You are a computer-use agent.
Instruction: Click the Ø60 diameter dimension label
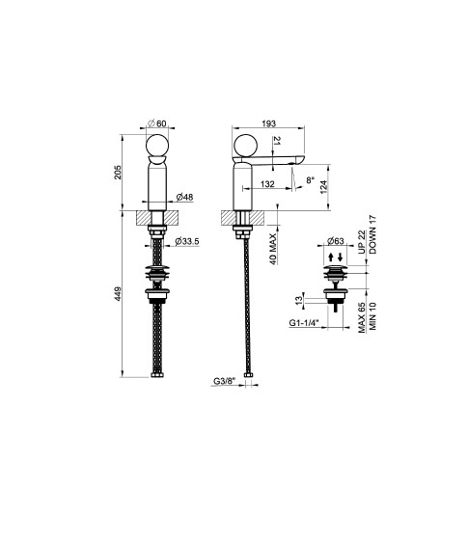click(157, 123)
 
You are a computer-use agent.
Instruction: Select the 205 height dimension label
click(119, 172)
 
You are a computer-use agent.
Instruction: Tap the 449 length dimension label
click(119, 294)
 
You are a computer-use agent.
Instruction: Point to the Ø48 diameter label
click(184, 197)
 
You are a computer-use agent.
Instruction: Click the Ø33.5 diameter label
click(187, 241)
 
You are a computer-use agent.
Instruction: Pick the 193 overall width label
click(269, 123)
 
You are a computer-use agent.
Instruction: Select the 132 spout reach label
click(267, 184)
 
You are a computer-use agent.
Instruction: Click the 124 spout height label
click(324, 187)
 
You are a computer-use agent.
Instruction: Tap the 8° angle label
click(311, 179)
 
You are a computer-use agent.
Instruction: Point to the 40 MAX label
click(273, 249)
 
